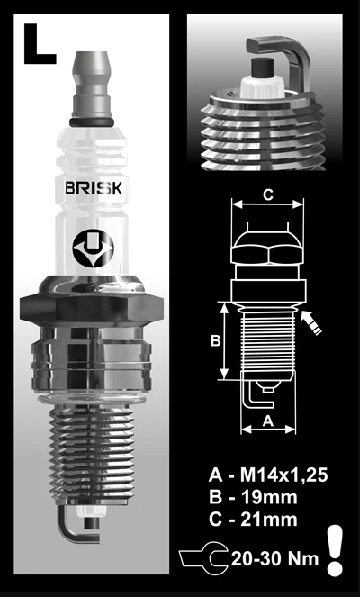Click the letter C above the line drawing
tap(267, 193)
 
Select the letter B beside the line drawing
tap(215, 341)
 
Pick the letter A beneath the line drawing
tap(266, 420)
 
